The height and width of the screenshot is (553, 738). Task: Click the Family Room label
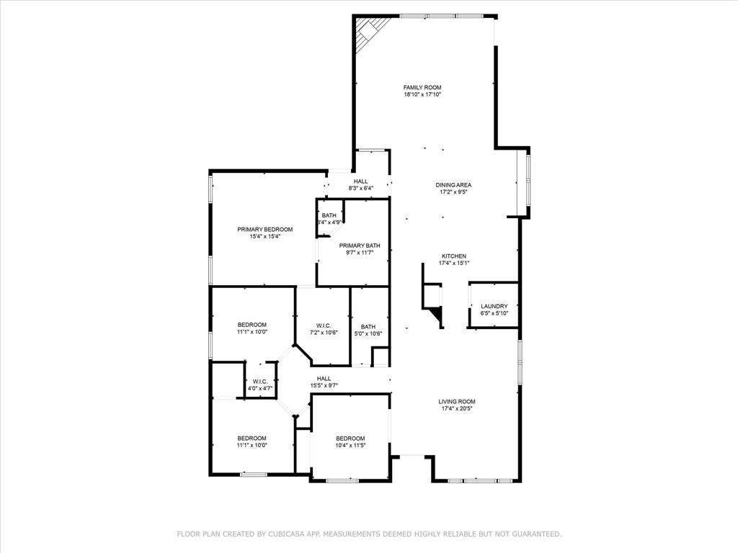[x=422, y=87]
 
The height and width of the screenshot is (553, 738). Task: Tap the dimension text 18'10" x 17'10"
[x=422, y=94]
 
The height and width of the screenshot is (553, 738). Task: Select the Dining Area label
[x=453, y=185]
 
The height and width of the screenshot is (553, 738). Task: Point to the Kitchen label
[x=453, y=256]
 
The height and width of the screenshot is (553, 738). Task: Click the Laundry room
[x=494, y=306]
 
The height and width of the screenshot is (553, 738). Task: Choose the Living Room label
[x=456, y=402]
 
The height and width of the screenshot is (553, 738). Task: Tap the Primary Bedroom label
[x=265, y=230]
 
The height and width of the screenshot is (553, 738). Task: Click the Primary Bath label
[x=360, y=246]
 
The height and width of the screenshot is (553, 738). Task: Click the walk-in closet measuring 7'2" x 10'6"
[x=324, y=326]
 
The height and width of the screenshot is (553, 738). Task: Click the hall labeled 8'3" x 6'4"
[x=361, y=184]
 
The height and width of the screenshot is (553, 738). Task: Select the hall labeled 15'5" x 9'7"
[x=324, y=382]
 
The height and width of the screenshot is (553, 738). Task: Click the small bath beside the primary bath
[x=329, y=218]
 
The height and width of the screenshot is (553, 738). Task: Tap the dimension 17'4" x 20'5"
[x=456, y=409]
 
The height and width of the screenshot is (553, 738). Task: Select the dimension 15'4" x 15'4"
[x=265, y=236]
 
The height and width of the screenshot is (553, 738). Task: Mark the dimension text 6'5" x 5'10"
[x=494, y=313]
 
